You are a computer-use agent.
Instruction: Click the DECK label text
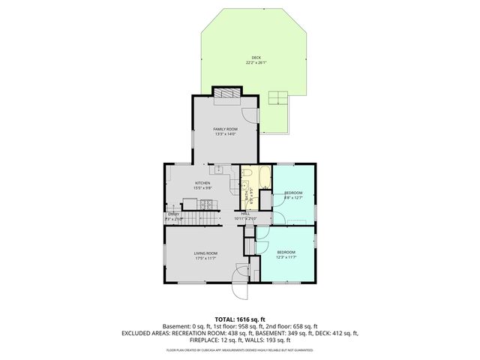click(256, 58)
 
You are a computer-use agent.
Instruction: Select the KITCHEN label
click(202, 183)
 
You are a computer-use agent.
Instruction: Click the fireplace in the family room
click(226, 92)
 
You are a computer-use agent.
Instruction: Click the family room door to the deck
click(256, 113)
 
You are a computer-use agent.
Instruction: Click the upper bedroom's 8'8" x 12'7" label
click(292, 198)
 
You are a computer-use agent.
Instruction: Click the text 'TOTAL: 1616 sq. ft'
click(240, 319)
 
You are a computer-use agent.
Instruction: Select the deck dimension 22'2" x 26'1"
click(256, 63)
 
